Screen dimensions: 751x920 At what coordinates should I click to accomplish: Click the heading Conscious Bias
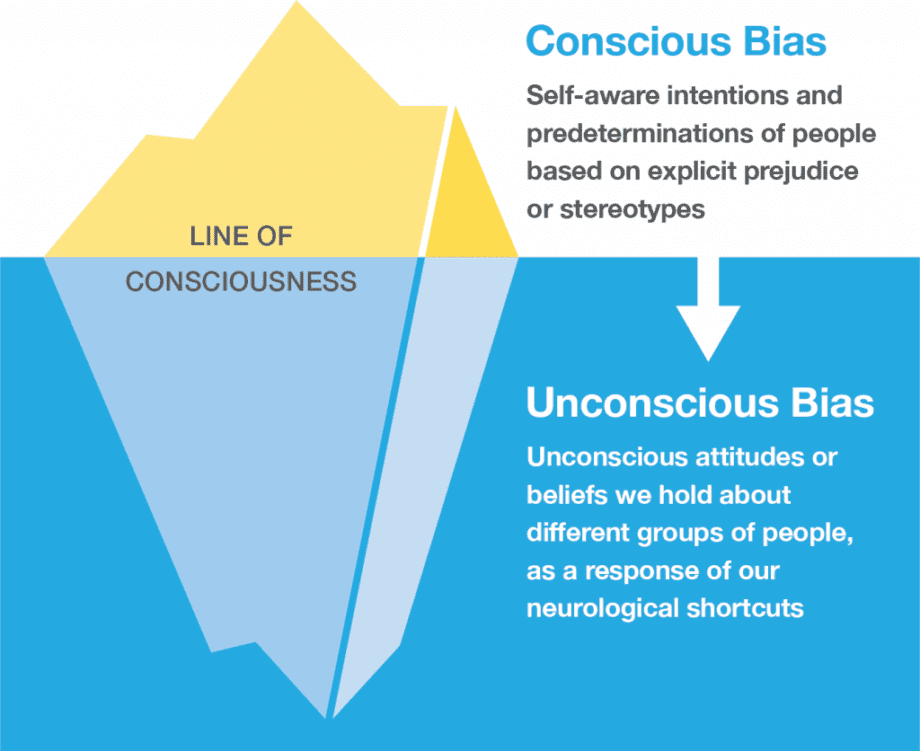[676, 42]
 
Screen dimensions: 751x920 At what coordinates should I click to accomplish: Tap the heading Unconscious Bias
[700, 404]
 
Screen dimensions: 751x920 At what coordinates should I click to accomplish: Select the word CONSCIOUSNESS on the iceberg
[241, 282]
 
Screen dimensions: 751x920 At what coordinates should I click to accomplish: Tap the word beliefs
[565, 495]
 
